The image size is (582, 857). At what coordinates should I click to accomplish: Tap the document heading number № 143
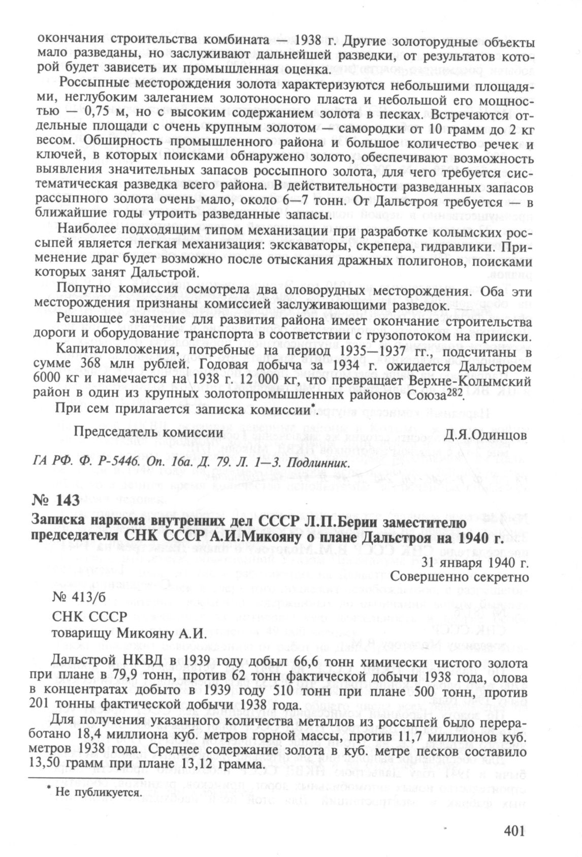(x=56, y=501)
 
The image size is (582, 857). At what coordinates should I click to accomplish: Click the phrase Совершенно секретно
(x=460, y=577)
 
